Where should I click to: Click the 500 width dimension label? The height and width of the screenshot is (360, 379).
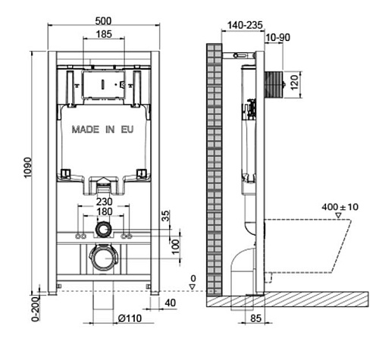click(x=103, y=20)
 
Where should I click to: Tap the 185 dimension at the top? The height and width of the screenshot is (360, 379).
click(x=104, y=34)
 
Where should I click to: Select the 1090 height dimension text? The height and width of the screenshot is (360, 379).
click(x=27, y=167)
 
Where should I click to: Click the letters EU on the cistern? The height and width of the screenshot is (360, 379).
click(x=127, y=130)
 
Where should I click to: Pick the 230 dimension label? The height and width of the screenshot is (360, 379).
click(x=105, y=202)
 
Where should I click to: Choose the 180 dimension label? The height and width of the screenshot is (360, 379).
click(x=105, y=211)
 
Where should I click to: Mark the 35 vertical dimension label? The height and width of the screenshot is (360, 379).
click(x=165, y=216)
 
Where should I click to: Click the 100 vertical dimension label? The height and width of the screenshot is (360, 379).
click(x=175, y=247)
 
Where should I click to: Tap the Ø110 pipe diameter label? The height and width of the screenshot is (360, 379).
click(x=130, y=318)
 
